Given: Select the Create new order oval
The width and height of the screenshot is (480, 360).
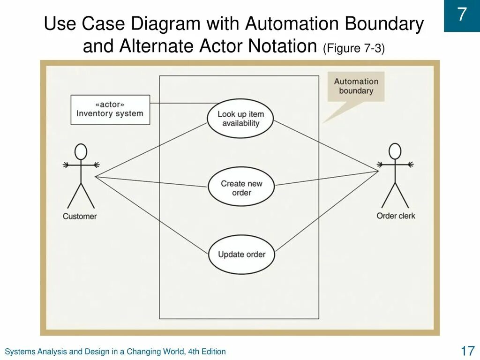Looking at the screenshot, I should coord(241,187).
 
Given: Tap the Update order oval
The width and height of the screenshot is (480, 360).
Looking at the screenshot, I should coord(241,255).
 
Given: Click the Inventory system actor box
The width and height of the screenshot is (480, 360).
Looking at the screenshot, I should coord(110,110).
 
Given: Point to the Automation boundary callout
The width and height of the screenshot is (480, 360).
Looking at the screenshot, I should coord(356,86).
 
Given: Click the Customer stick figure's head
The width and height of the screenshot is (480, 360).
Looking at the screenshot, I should coord(81,152).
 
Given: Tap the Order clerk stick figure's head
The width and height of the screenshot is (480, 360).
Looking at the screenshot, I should coord(395,151).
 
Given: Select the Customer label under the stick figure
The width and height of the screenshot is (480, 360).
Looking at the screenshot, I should coord(80,217).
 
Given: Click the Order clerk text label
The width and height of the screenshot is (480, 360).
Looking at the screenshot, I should coord(396,216).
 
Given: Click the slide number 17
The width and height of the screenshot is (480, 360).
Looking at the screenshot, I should coord(467,351).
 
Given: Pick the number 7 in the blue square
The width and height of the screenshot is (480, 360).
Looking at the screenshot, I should coord(462,15).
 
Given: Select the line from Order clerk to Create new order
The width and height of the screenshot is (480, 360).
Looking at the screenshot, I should coord(328,178).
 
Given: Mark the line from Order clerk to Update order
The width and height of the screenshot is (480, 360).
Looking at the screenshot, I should coord(328,211).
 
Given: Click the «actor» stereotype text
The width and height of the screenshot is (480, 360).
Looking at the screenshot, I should coord(110,105).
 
